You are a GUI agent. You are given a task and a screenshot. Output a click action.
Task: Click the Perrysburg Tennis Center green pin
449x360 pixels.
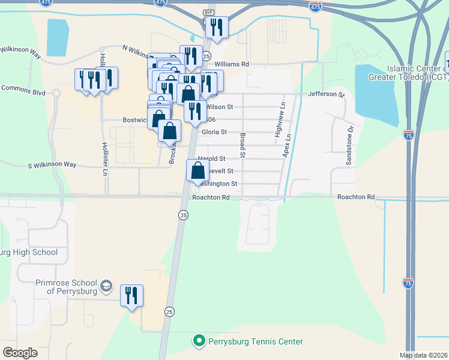(198, 341)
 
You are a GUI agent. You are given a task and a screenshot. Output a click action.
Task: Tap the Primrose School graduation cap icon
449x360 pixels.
(106, 286)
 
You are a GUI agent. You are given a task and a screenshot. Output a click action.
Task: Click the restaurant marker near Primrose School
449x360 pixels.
(131, 296)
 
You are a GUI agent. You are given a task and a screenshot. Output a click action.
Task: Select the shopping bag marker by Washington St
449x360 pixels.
(198, 171)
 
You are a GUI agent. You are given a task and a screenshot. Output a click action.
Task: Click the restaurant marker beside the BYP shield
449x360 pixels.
(216, 28)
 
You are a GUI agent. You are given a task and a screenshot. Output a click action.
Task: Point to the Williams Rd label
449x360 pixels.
(231, 64)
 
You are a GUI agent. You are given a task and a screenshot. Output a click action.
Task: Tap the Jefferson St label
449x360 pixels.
(326, 94)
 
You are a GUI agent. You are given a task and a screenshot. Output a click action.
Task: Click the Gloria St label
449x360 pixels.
(214, 132)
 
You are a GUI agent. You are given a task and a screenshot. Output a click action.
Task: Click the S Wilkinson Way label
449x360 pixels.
(52, 164)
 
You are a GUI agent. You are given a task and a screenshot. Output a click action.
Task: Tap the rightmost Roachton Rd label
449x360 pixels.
(355, 197)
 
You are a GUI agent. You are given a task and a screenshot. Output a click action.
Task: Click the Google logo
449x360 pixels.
(20, 353)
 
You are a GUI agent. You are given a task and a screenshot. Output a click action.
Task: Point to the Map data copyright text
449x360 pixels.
(423, 355)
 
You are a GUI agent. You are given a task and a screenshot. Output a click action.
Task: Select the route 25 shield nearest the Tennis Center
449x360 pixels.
(170, 311)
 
